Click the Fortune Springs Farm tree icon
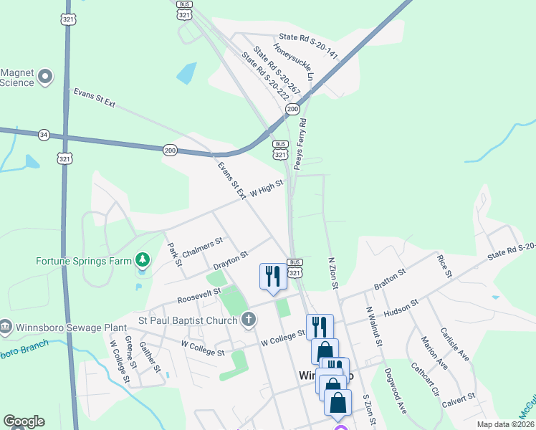(143, 259)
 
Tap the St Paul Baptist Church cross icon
(249, 319)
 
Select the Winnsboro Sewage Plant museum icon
(6, 327)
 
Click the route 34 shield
(44, 134)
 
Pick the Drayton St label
(230, 260)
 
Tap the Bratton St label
(390, 279)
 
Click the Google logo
(24, 421)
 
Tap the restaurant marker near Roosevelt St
(272, 276)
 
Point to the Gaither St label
(150, 356)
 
